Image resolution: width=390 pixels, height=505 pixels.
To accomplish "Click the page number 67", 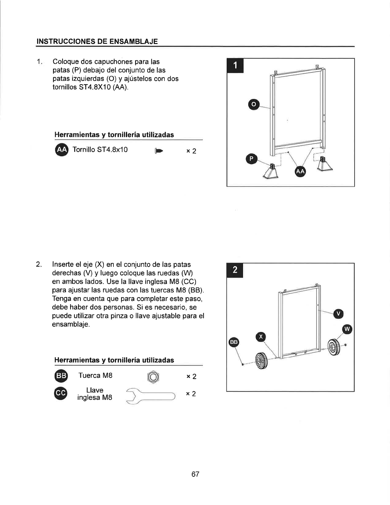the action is (195, 474).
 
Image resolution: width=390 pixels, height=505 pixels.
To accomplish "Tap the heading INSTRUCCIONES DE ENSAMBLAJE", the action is (97, 41).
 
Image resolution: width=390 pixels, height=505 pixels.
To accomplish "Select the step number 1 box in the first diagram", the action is (235, 66).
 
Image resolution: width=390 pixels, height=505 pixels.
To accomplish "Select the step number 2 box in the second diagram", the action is (235, 270).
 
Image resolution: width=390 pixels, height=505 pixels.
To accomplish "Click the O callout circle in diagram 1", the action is (254, 104).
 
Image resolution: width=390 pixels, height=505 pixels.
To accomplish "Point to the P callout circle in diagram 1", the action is (251, 159).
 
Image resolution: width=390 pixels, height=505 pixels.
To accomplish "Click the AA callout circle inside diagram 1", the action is (300, 171).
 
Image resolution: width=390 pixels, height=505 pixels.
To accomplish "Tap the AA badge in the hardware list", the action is (61, 150).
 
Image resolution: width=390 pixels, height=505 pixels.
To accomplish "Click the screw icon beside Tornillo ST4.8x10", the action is (159, 151).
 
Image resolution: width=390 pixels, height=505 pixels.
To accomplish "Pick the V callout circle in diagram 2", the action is (338, 314).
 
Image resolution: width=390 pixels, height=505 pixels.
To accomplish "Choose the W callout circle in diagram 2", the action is (347, 329).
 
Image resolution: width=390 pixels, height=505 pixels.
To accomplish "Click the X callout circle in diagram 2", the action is (261, 337).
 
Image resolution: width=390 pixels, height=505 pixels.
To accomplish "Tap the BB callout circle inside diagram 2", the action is (234, 342).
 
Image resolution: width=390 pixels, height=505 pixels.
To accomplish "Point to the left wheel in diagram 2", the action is (262, 361).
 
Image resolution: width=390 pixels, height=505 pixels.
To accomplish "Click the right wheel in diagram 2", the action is (334, 347).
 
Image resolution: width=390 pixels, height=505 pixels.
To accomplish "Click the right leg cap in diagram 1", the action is (324, 164).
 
